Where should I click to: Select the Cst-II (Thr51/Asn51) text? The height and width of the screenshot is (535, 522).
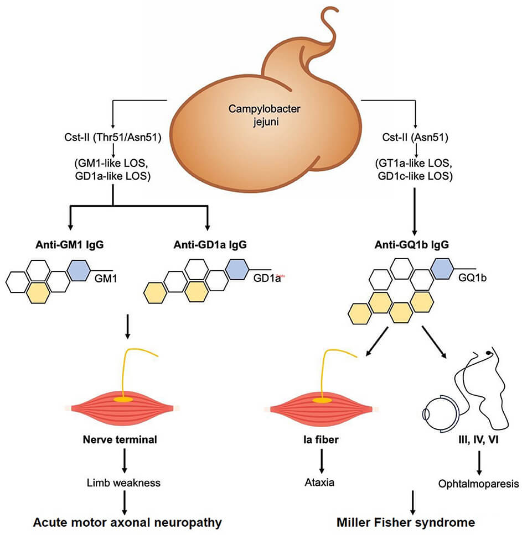pyautogui.click(x=113, y=138)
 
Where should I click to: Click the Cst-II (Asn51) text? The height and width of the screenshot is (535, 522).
pyautogui.click(x=415, y=138)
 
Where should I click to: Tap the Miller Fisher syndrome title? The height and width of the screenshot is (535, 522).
pyautogui.click(x=406, y=521)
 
